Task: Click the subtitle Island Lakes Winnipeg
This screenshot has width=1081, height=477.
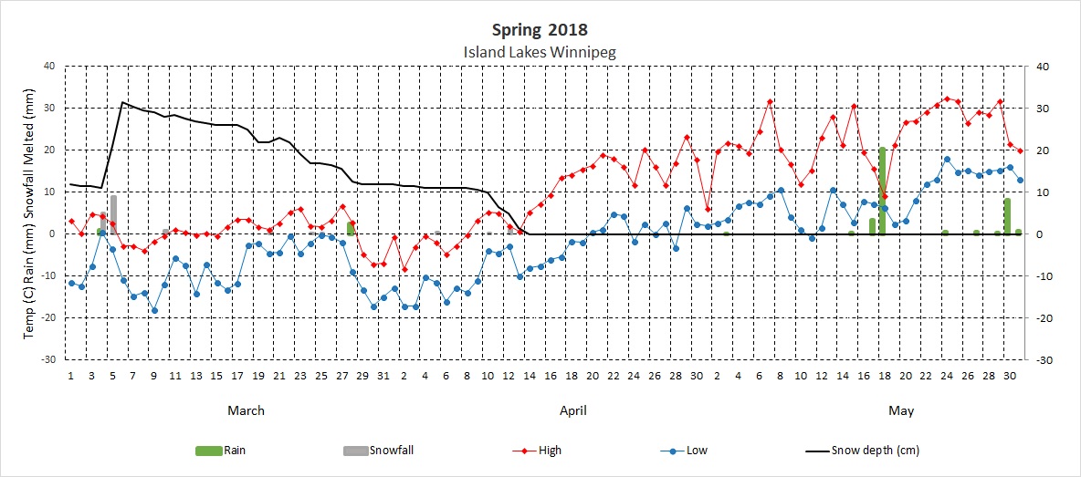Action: point(540,52)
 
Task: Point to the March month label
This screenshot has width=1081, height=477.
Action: point(246,410)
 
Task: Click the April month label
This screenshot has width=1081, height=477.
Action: point(572,410)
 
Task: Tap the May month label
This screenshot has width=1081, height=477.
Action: point(901,410)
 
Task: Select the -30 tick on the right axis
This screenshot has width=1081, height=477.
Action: point(1036,360)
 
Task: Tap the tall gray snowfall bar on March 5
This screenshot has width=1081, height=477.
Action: point(113,214)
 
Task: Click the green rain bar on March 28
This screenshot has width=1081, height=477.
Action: point(351,228)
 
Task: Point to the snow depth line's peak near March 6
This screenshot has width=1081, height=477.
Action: point(123,102)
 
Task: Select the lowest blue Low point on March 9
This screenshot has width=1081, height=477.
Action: point(154,310)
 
